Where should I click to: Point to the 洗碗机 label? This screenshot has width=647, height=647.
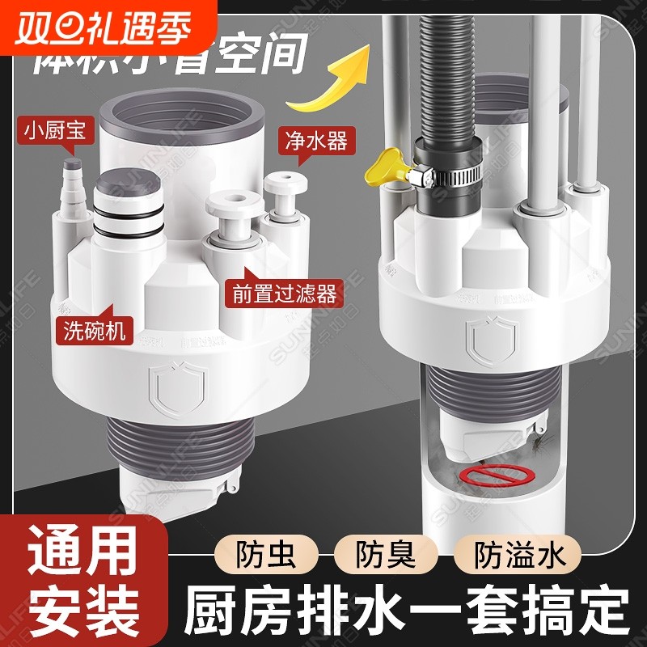pos(91,330)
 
